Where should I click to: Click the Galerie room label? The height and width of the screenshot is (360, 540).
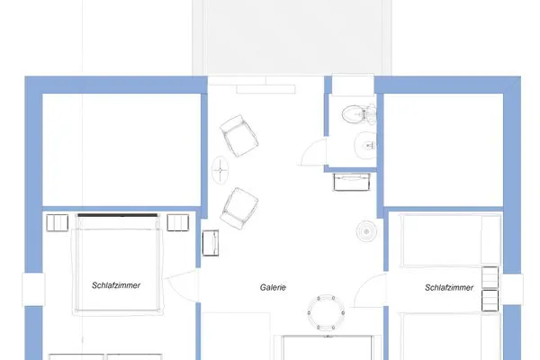click(x=274, y=288)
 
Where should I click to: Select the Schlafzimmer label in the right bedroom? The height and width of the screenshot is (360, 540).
click(x=450, y=288)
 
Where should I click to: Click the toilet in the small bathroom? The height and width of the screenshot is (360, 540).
click(x=358, y=114)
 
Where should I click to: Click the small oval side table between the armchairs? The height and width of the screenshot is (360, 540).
click(x=220, y=168)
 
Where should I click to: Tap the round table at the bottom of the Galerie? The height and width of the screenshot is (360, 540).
click(x=325, y=312)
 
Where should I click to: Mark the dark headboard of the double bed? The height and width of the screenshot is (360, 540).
click(x=118, y=216)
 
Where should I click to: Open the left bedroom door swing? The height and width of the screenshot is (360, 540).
click(x=182, y=286)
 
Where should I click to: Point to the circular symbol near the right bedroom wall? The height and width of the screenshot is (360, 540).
click(x=367, y=232)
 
